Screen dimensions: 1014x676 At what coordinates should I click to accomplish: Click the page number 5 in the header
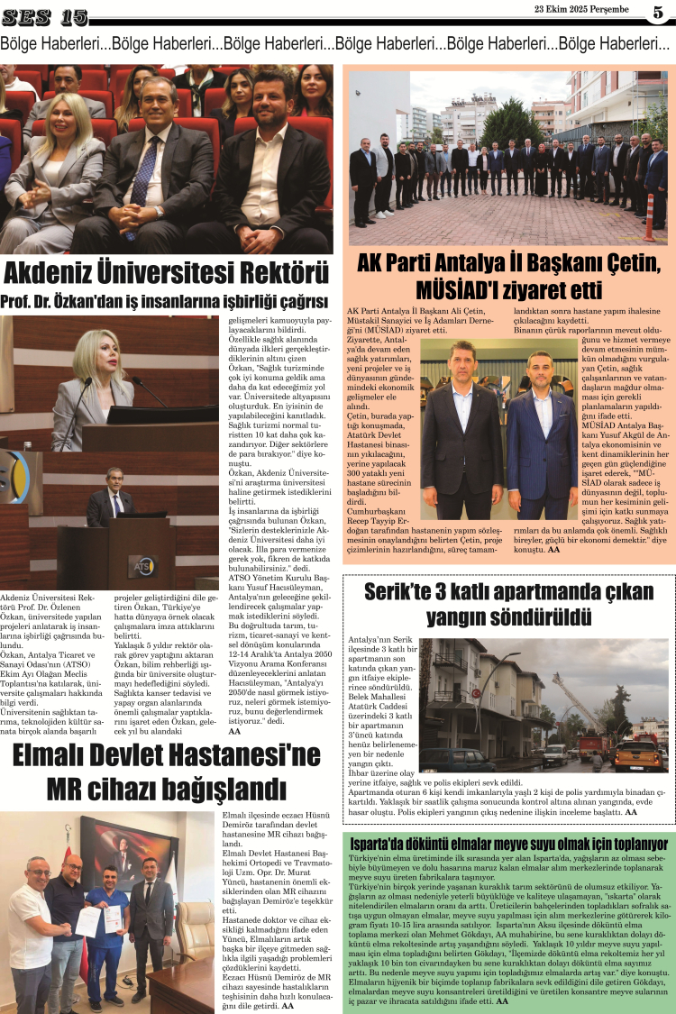[x=658, y=12]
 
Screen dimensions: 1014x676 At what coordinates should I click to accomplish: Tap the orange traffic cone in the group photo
[x=649, y=219]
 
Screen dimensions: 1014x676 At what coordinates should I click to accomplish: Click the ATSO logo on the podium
[x=140, y=566]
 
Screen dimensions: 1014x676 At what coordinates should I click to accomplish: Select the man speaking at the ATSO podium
[x=114, y=498]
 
